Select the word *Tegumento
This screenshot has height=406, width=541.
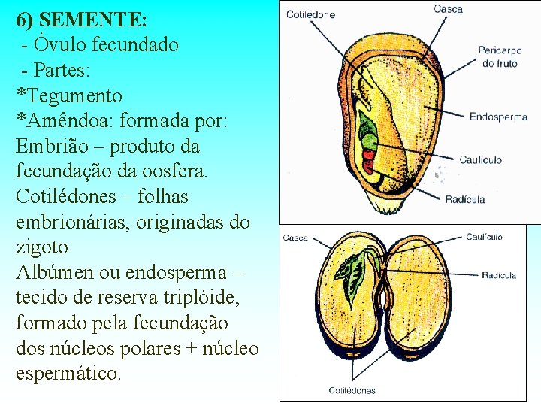pos(69,95)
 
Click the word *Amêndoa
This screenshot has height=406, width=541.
pos(67,120)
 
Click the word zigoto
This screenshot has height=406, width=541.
pos(42,247)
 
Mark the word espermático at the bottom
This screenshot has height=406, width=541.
pos(68,374)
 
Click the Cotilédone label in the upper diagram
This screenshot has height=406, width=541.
pos(310,14)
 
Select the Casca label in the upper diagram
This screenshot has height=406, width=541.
pos(448,9)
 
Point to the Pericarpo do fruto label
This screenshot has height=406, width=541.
pos(500,57)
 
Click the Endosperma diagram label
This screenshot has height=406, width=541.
pos(498,117)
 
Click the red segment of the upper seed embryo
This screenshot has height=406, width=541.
pos(368,157)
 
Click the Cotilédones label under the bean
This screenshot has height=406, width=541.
pos(352,390)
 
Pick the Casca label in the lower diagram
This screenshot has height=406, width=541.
pos(295,238)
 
